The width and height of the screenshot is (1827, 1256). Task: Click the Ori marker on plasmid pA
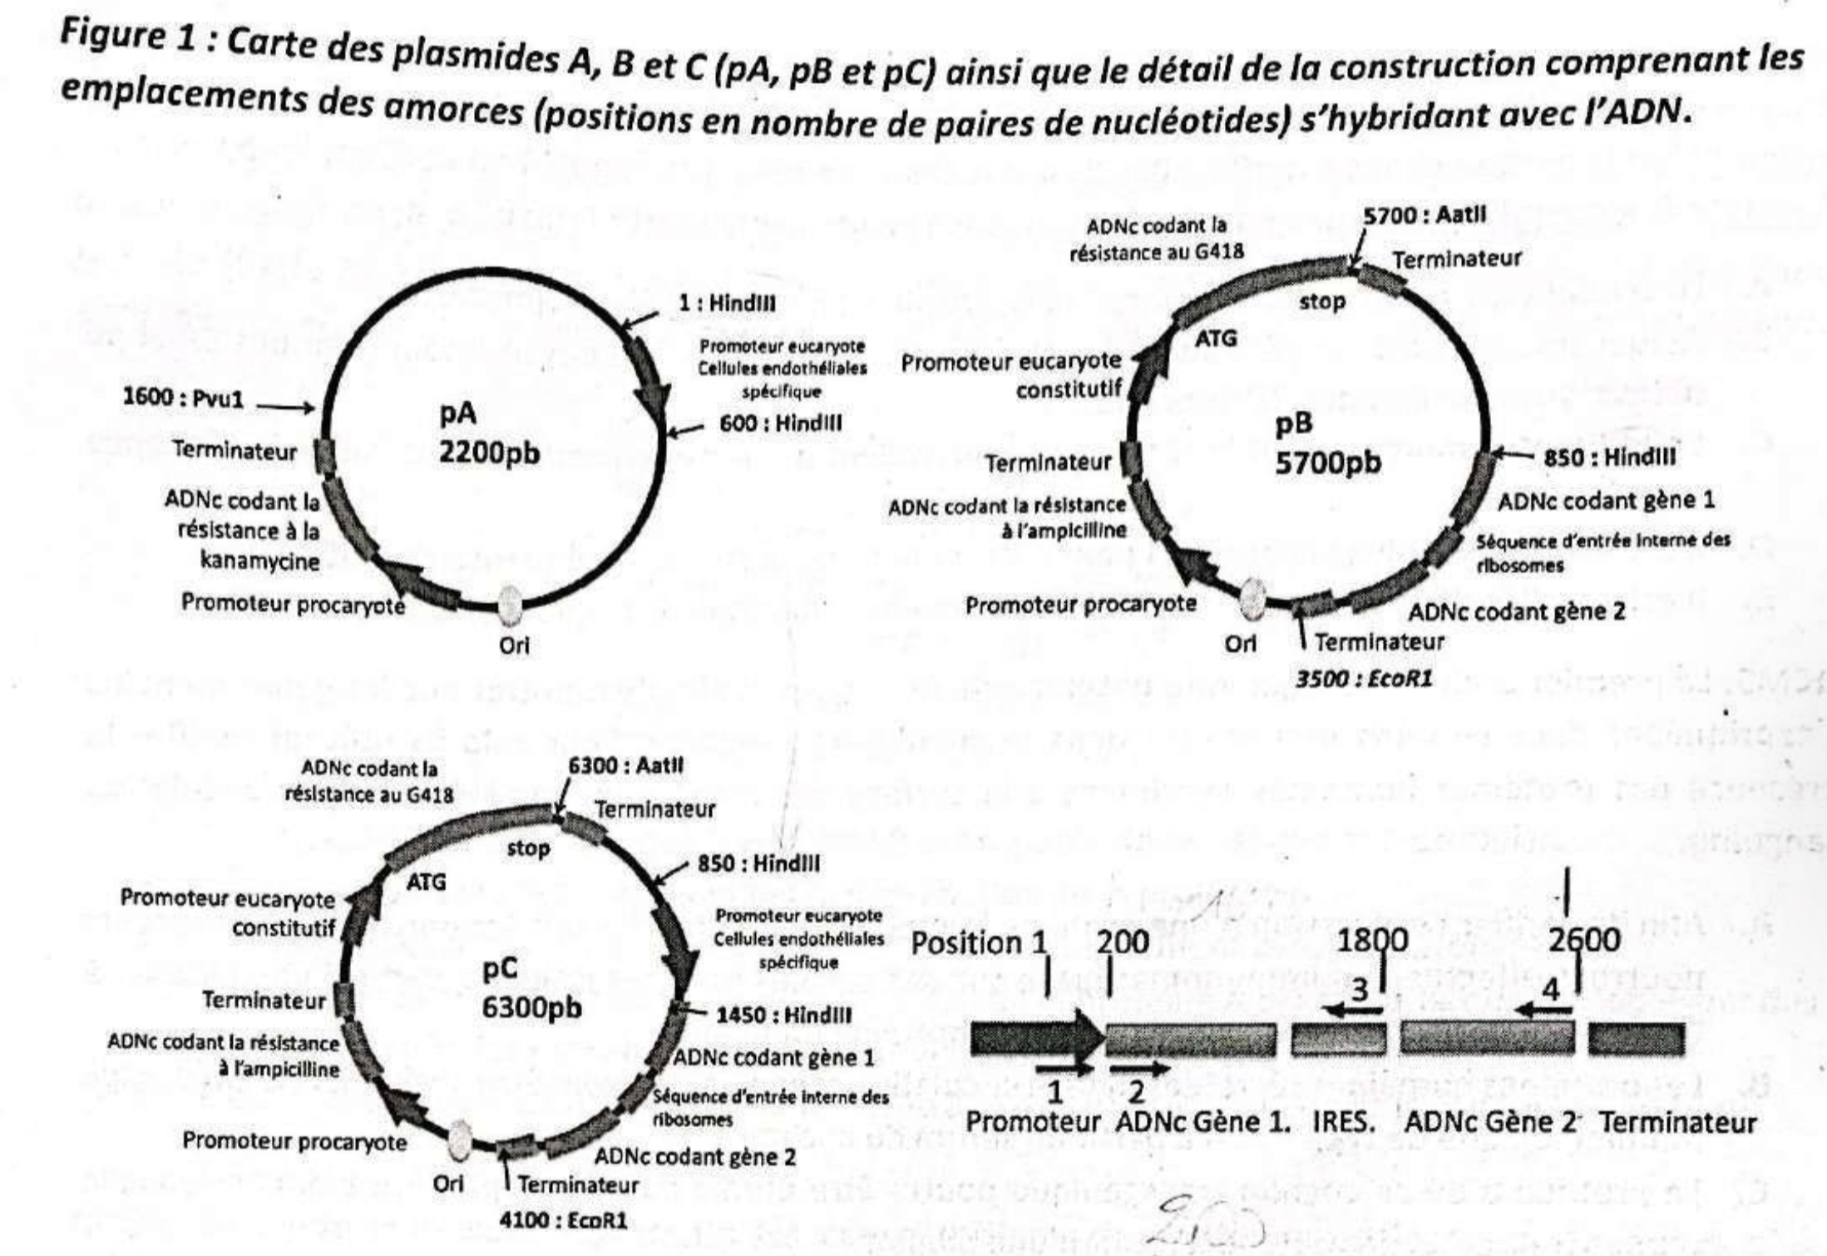point(510,604)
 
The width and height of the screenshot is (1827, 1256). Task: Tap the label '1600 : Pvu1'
point(184,398)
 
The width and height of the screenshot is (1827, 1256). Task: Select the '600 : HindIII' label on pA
point(780,423)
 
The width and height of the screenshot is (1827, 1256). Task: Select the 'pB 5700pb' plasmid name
point(1327,443)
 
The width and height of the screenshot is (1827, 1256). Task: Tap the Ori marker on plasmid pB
point(1252,598)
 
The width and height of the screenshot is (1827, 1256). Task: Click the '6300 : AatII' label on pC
point(625,765)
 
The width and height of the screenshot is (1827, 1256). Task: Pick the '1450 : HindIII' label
point(783,1015)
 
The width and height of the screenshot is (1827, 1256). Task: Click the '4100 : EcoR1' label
point(563,1221)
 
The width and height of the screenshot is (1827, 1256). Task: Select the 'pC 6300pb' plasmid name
point(531,987)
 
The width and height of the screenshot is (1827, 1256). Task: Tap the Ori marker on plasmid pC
point(459,1138)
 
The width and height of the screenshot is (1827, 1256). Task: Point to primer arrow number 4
point(1543,1011)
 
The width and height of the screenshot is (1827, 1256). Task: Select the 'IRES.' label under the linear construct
point(1343,1122)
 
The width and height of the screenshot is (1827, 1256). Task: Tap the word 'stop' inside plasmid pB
point(1322,301)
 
